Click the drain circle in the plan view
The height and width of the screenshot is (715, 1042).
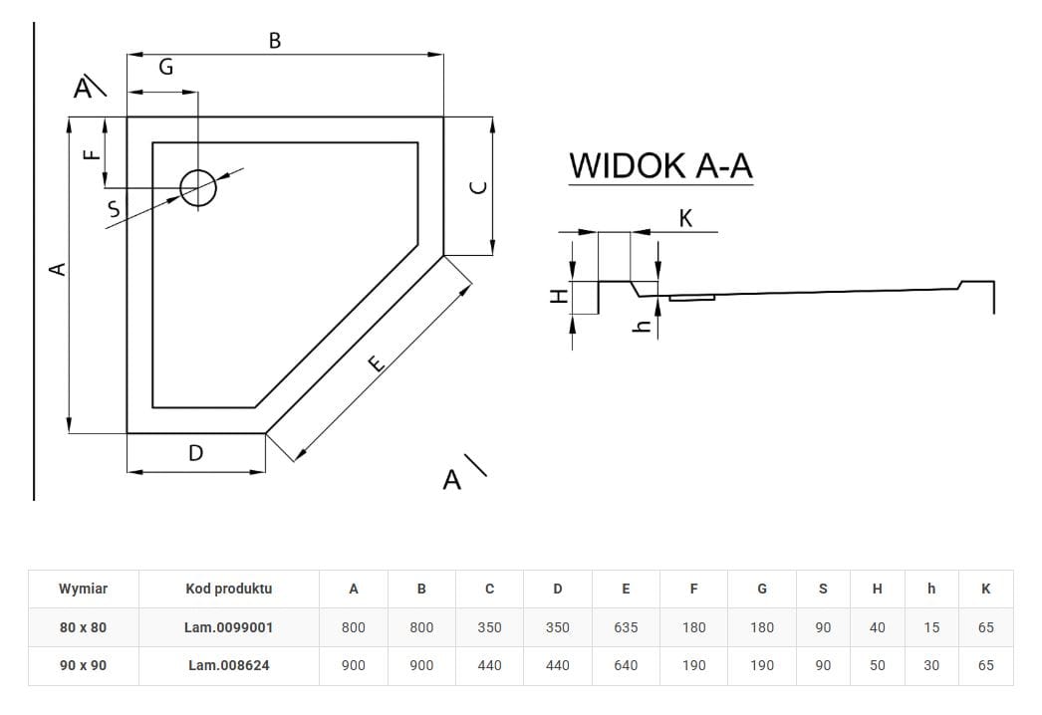197,186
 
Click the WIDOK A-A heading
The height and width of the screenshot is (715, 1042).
660,165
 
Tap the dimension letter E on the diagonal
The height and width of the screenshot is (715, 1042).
376,363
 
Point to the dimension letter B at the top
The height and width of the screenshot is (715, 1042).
275,41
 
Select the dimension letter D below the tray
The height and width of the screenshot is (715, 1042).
195,453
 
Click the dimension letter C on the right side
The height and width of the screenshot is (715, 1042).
478,187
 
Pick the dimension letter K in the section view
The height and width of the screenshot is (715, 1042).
685,218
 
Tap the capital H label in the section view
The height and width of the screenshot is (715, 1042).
560,295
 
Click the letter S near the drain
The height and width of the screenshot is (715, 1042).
114,209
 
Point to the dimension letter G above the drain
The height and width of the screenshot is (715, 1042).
166,67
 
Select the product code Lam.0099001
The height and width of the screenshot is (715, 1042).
228,627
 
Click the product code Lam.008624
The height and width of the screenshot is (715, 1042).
228,665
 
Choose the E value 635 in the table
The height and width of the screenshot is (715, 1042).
626,627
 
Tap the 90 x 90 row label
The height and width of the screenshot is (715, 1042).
84,665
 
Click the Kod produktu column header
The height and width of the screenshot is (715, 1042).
228,589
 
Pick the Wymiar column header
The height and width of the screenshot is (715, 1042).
84,589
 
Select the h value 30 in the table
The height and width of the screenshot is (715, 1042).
931,665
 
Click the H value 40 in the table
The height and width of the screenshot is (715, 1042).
877,627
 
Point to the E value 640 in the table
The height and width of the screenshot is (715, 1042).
626,665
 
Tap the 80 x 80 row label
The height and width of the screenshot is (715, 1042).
84,627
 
